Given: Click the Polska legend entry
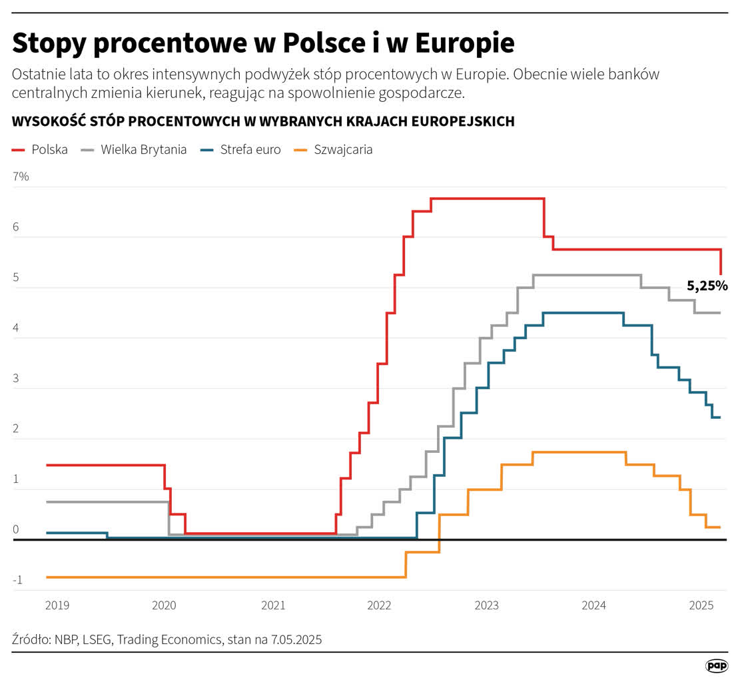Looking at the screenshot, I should (41, 149).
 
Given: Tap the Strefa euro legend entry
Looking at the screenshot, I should (240, 149).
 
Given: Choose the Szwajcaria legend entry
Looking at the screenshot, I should (333, 149).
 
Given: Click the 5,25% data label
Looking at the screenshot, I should (707, 286).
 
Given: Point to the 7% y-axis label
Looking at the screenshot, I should (21, 176).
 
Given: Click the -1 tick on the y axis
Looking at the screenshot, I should (17, 580).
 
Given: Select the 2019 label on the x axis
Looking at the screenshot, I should (57, 605).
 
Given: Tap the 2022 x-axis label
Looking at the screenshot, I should (379, 605).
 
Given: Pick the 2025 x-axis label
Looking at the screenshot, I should (701, 605).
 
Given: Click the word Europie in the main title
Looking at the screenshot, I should (465, 44).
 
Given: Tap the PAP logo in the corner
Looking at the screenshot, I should (716, 665).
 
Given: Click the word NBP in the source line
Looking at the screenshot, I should (69, 640).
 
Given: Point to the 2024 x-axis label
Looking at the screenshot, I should (593, 605).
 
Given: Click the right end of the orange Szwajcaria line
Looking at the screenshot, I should (720, 527).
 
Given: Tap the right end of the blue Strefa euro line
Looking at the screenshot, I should (720, 418).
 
